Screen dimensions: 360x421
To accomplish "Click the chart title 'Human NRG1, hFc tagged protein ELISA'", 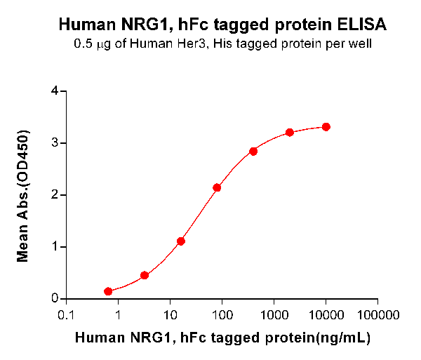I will (222, 26).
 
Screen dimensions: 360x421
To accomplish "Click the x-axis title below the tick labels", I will (222, 338).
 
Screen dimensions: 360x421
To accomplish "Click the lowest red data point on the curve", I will (108, 291).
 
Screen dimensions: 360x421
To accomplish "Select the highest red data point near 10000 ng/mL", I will (326, 127).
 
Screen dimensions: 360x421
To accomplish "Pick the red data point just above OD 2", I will (217, 188).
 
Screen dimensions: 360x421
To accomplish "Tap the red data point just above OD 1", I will (181, 241).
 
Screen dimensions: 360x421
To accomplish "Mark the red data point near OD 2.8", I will (253, 152).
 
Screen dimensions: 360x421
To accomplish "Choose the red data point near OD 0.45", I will (145, 275).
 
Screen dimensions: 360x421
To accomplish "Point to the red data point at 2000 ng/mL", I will (290, 133).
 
